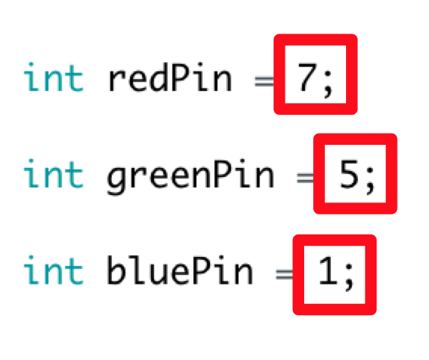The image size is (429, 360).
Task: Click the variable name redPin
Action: pos(170,78)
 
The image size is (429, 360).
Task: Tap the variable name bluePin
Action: pos(180,270)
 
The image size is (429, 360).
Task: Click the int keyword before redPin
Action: pos(54,78)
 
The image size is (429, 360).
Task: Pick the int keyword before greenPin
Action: pos(54,174)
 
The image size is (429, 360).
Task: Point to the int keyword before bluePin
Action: pos(54,270)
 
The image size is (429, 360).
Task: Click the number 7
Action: pos(307,78)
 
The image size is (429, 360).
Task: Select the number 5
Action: pos(348,174)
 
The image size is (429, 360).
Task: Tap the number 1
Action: pos(328,271)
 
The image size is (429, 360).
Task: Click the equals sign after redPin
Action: pos(264,81)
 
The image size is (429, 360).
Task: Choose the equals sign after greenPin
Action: pos(306,178)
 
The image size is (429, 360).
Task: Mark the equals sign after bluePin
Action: pos(285,274)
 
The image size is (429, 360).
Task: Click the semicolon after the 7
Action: pos(328,84)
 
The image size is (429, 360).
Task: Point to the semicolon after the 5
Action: pos(370,181)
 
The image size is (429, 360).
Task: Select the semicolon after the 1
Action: pos(349,277)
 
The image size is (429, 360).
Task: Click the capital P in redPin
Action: pos(180,78)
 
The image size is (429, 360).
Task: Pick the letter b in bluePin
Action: pos(116,270)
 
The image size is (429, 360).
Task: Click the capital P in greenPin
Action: pos(222,174)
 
